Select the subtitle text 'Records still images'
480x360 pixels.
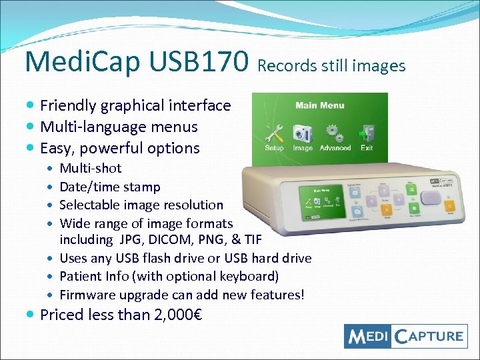point(331,65)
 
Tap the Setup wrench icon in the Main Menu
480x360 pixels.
point(274,132)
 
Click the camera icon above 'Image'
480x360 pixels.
point(302,131)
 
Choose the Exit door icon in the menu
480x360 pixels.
point(367,132)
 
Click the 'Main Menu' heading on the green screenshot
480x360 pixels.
point(319,105)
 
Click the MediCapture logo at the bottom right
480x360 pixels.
point(405,335)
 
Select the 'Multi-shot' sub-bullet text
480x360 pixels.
point(91,169)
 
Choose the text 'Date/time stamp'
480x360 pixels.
point(110,187)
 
